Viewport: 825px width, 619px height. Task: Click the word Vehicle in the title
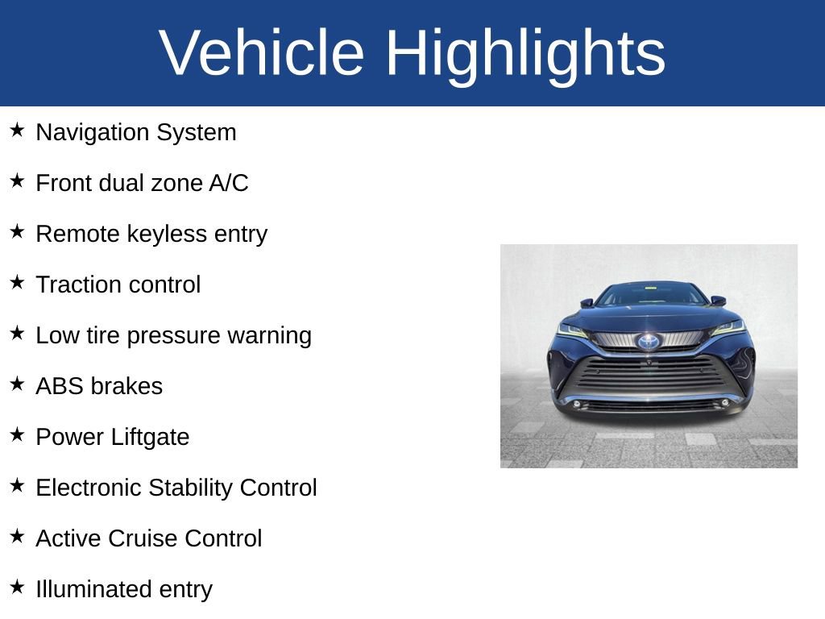(x=262, y=53)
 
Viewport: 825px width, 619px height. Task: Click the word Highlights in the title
(x=524, y=53)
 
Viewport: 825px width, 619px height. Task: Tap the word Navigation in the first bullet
(x=93, y=132)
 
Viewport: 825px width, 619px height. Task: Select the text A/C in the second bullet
(x=229, y=183)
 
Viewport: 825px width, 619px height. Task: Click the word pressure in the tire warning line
(x=173, y=335)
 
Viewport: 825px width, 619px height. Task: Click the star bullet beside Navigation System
(x=17, y=130)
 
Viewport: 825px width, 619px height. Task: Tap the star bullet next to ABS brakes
(x=17, y=384)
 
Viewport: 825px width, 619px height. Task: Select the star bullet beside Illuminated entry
(x=17, y=587)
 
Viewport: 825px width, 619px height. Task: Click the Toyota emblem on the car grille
(x=649, y=342)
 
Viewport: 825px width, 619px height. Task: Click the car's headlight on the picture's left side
(x=572, y=330)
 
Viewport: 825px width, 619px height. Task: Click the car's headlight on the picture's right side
(x=727, y=328)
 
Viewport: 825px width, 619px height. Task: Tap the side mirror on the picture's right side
(x=717, y=301)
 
